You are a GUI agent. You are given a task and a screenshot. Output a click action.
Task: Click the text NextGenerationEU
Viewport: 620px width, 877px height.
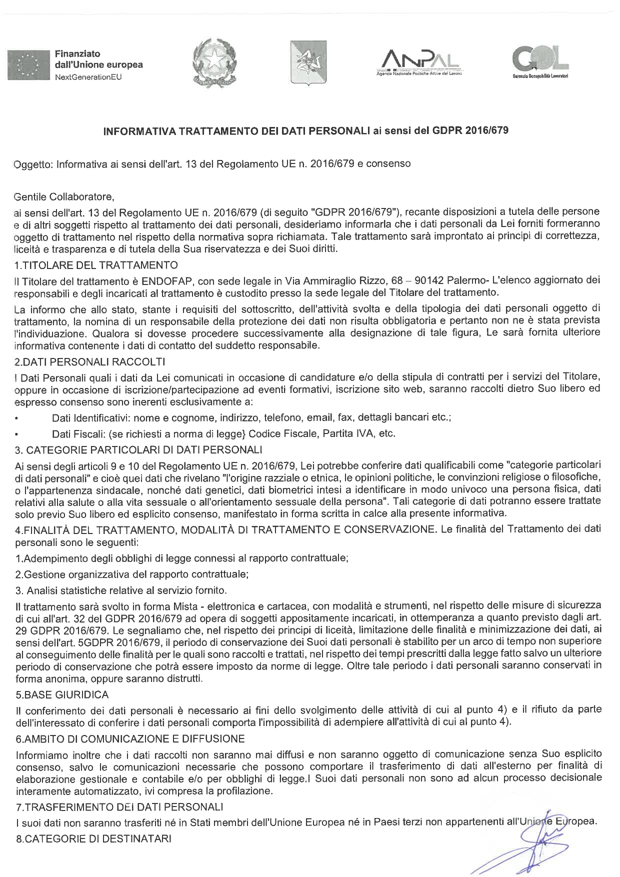pos(87,77)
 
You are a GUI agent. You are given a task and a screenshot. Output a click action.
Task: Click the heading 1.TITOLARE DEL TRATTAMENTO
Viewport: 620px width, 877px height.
pos(96,264)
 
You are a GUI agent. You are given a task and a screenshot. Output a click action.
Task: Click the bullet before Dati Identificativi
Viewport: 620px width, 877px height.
pos(17,417)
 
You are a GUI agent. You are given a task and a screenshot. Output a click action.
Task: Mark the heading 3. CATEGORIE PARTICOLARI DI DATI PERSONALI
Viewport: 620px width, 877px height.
pos(139,450)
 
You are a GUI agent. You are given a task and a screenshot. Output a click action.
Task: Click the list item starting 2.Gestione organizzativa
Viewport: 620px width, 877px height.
pos(132,574)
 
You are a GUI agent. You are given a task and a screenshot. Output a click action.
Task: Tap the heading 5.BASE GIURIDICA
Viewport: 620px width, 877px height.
pos(62,694)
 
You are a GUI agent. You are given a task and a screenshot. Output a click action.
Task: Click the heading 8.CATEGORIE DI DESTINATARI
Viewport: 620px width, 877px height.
pos(93,838)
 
